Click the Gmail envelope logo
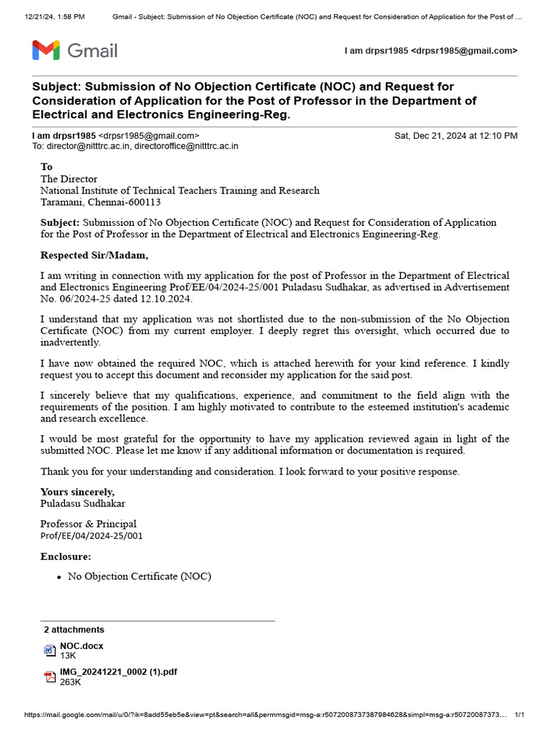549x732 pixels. click(x=45, y=51)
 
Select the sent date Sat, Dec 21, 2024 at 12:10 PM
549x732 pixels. click(x=456, y=136)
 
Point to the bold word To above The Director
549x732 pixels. click(x=46, y=167)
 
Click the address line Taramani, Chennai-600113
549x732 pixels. click(x=100, y=202)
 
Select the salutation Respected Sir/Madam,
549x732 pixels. click(x=94, y=255)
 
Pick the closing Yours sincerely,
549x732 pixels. click(x=77, y=492)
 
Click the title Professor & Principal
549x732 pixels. click(x=88, y=524)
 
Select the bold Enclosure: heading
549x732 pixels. click(x=66, y=556)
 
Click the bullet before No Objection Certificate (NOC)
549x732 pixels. click(x=59, y=577)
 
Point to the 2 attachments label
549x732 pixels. click(x=74, y=630)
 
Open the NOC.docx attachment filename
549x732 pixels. click(x=81, y=646)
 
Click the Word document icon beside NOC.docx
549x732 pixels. click(x=49, y=650)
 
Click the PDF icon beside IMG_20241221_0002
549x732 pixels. click(x=49, y=677)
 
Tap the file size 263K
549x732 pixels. click(x=70, y=682)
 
